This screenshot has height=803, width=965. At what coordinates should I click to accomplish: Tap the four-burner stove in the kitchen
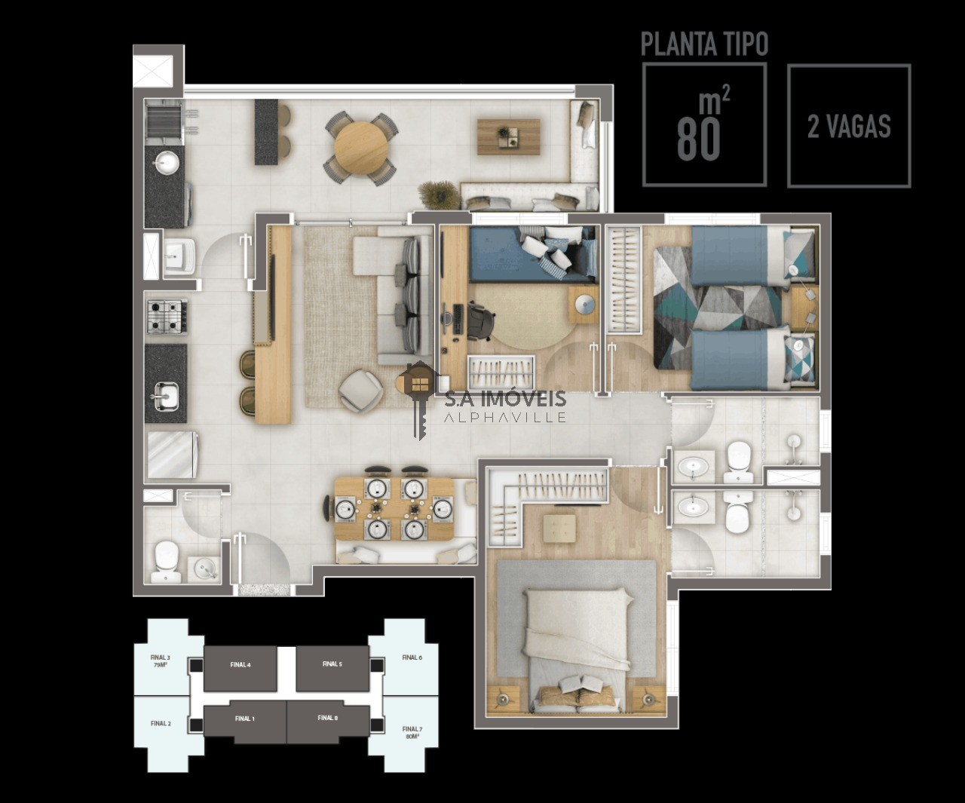coord(165,316)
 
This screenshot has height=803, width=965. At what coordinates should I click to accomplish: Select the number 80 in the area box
coord(699,137)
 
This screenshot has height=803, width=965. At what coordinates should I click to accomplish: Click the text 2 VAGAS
coord(849,127)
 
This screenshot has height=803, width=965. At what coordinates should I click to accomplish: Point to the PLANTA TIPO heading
coord(704,44)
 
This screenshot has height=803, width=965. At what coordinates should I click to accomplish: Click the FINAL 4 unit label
coord(240,664)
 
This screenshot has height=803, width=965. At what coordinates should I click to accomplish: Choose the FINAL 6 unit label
coord(412,657)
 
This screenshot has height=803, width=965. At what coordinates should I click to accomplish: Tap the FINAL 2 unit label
coord(161,723)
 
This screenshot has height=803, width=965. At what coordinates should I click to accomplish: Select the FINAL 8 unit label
coord(327,718)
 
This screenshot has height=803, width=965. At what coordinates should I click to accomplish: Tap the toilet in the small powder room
coord(164,562)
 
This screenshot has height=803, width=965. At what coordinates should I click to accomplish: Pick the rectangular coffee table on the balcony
coord(509,136)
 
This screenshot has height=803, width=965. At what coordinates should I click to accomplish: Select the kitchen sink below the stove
coord(165,394)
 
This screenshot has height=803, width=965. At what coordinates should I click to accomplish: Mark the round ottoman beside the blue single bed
coord(584,303)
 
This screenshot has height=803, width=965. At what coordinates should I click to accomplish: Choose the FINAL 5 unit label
coord(332,664)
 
